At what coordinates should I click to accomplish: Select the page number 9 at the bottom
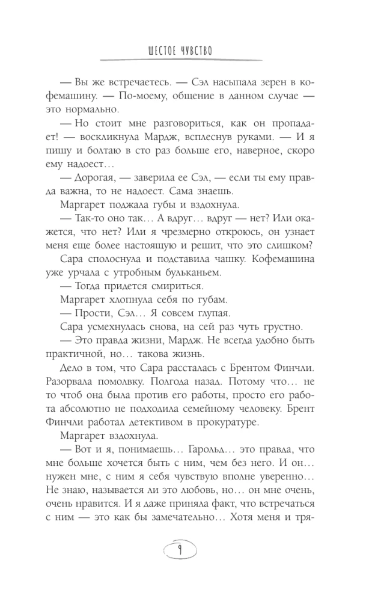(x=186, y=549)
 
